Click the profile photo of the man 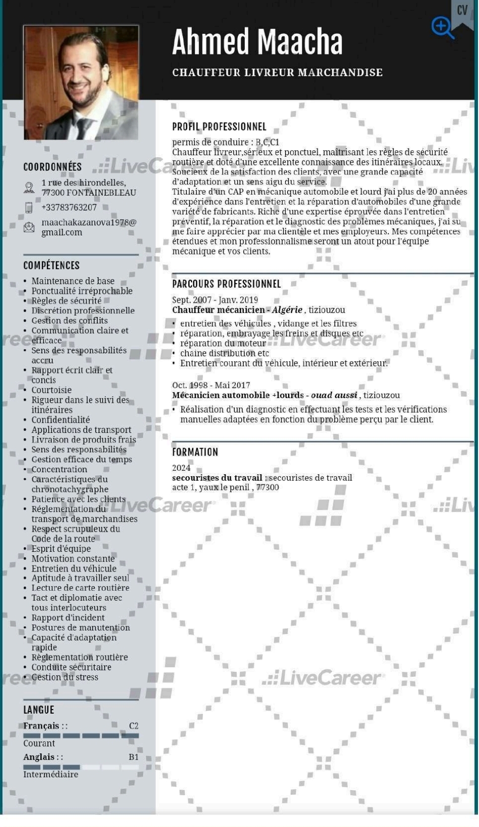click(81, 82)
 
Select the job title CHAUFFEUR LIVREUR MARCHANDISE click(277, 73)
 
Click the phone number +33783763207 click(69, 207)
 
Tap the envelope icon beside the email click(29, 227)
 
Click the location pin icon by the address click(29, 187)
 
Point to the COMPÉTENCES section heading click(51, 265)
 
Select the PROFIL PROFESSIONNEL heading click(219, 126)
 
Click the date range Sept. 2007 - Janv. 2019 click(215, 300)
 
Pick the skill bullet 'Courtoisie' click(51, 390)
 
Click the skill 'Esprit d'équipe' click(61, 548)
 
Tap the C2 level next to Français click(133, 726)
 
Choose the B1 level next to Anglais click(133, 757)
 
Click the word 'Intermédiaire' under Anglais click(50, 774)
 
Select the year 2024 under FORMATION click(181, 468)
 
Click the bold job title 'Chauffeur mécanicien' click(218, 310)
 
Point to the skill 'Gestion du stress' click(64, 677)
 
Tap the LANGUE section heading click(38, 710)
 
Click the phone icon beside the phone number click(29, 208)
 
